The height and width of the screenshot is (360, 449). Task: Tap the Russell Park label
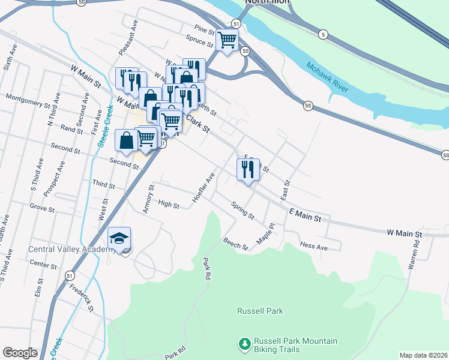260,311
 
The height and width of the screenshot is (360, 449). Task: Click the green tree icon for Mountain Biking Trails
244,344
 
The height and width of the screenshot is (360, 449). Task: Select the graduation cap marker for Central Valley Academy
119,239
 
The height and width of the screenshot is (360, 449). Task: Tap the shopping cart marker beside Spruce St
228,40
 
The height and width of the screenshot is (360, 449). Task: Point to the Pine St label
204,28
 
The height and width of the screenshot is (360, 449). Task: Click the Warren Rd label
414,254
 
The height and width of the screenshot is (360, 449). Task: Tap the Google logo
20,353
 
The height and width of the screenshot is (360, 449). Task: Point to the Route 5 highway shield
323,34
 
